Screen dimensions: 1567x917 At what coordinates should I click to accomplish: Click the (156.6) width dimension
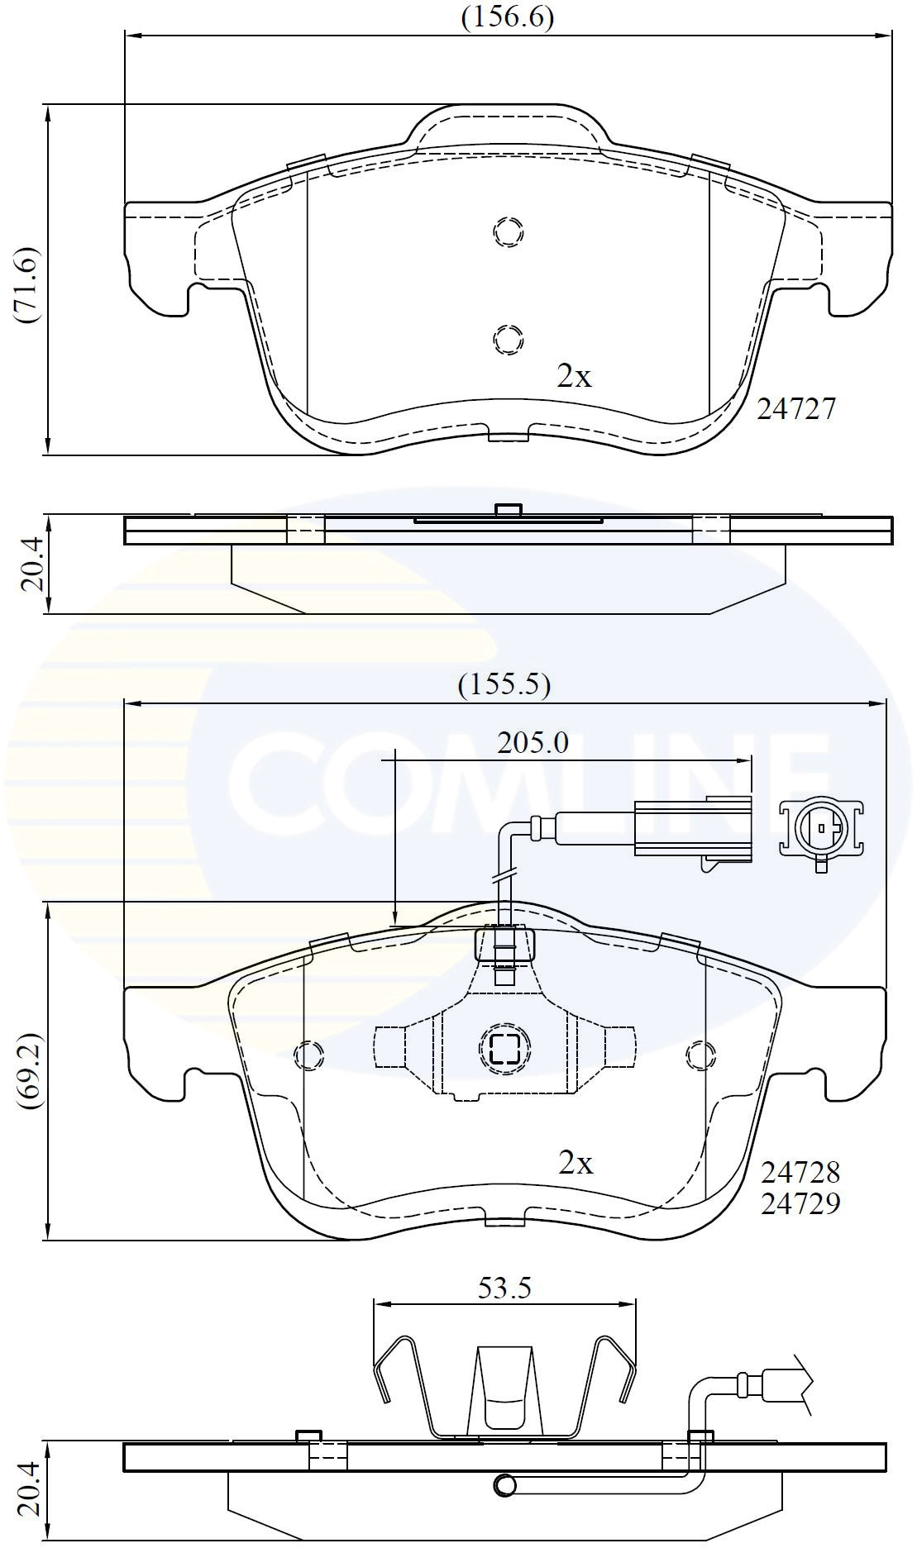pos(506,17)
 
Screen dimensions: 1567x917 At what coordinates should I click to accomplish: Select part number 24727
pos(796,408)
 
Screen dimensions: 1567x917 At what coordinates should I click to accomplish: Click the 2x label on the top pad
pos(575,377)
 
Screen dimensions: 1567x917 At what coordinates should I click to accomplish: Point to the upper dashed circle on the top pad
pos(509,231)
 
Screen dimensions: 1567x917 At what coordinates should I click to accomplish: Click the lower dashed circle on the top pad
pos(508,338)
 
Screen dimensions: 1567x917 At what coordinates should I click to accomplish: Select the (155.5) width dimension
pos(504,683)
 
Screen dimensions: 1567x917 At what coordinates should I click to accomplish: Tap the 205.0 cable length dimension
pos(533,743)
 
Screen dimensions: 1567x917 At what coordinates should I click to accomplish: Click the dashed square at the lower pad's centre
pos(504,1049)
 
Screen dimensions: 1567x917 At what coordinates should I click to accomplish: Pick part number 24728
pos(800,1171)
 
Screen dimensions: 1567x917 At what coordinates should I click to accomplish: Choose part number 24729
pos(800,1203)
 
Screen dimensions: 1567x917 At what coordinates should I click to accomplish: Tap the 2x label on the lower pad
pos(576,1163)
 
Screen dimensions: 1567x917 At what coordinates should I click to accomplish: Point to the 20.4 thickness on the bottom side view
pos(31,1488)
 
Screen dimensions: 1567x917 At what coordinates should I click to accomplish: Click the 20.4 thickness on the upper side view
pos(31,565)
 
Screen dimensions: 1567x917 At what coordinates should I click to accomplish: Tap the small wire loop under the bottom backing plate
pos(504,1485)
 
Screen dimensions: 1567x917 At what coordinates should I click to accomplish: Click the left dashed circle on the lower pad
pos(308,1054)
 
